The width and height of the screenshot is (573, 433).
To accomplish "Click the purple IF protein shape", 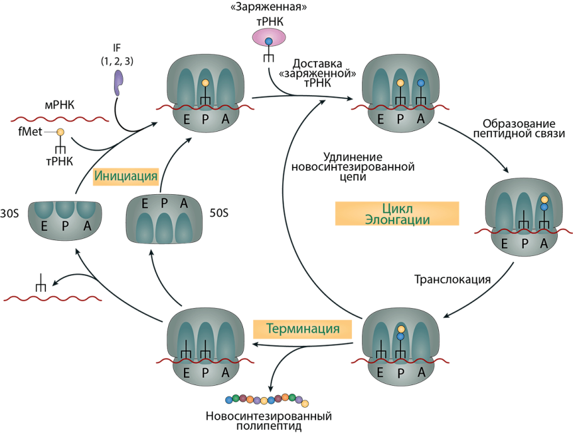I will [x=119, y=82].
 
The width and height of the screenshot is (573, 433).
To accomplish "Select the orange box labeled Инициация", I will [x=125, y=176].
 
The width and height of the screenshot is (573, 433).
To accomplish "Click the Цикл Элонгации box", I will [x=397, y=213].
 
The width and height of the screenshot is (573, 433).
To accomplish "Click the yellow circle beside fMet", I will [x=60, y=132].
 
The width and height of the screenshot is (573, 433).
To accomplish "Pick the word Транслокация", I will [x=451, y=278].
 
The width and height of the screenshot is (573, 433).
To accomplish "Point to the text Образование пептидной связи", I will [x=519, y=128].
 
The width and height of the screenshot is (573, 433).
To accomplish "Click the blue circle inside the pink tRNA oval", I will [x=269, y=42].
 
